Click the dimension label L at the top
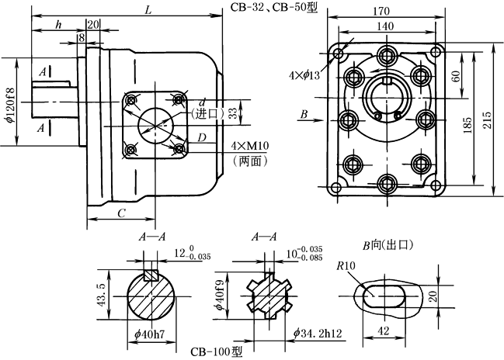point(148,9)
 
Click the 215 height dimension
point(488,116)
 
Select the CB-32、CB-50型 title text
point(273,8)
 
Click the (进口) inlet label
point(205,113)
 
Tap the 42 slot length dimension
point(384,329)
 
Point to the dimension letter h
point(58,25)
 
